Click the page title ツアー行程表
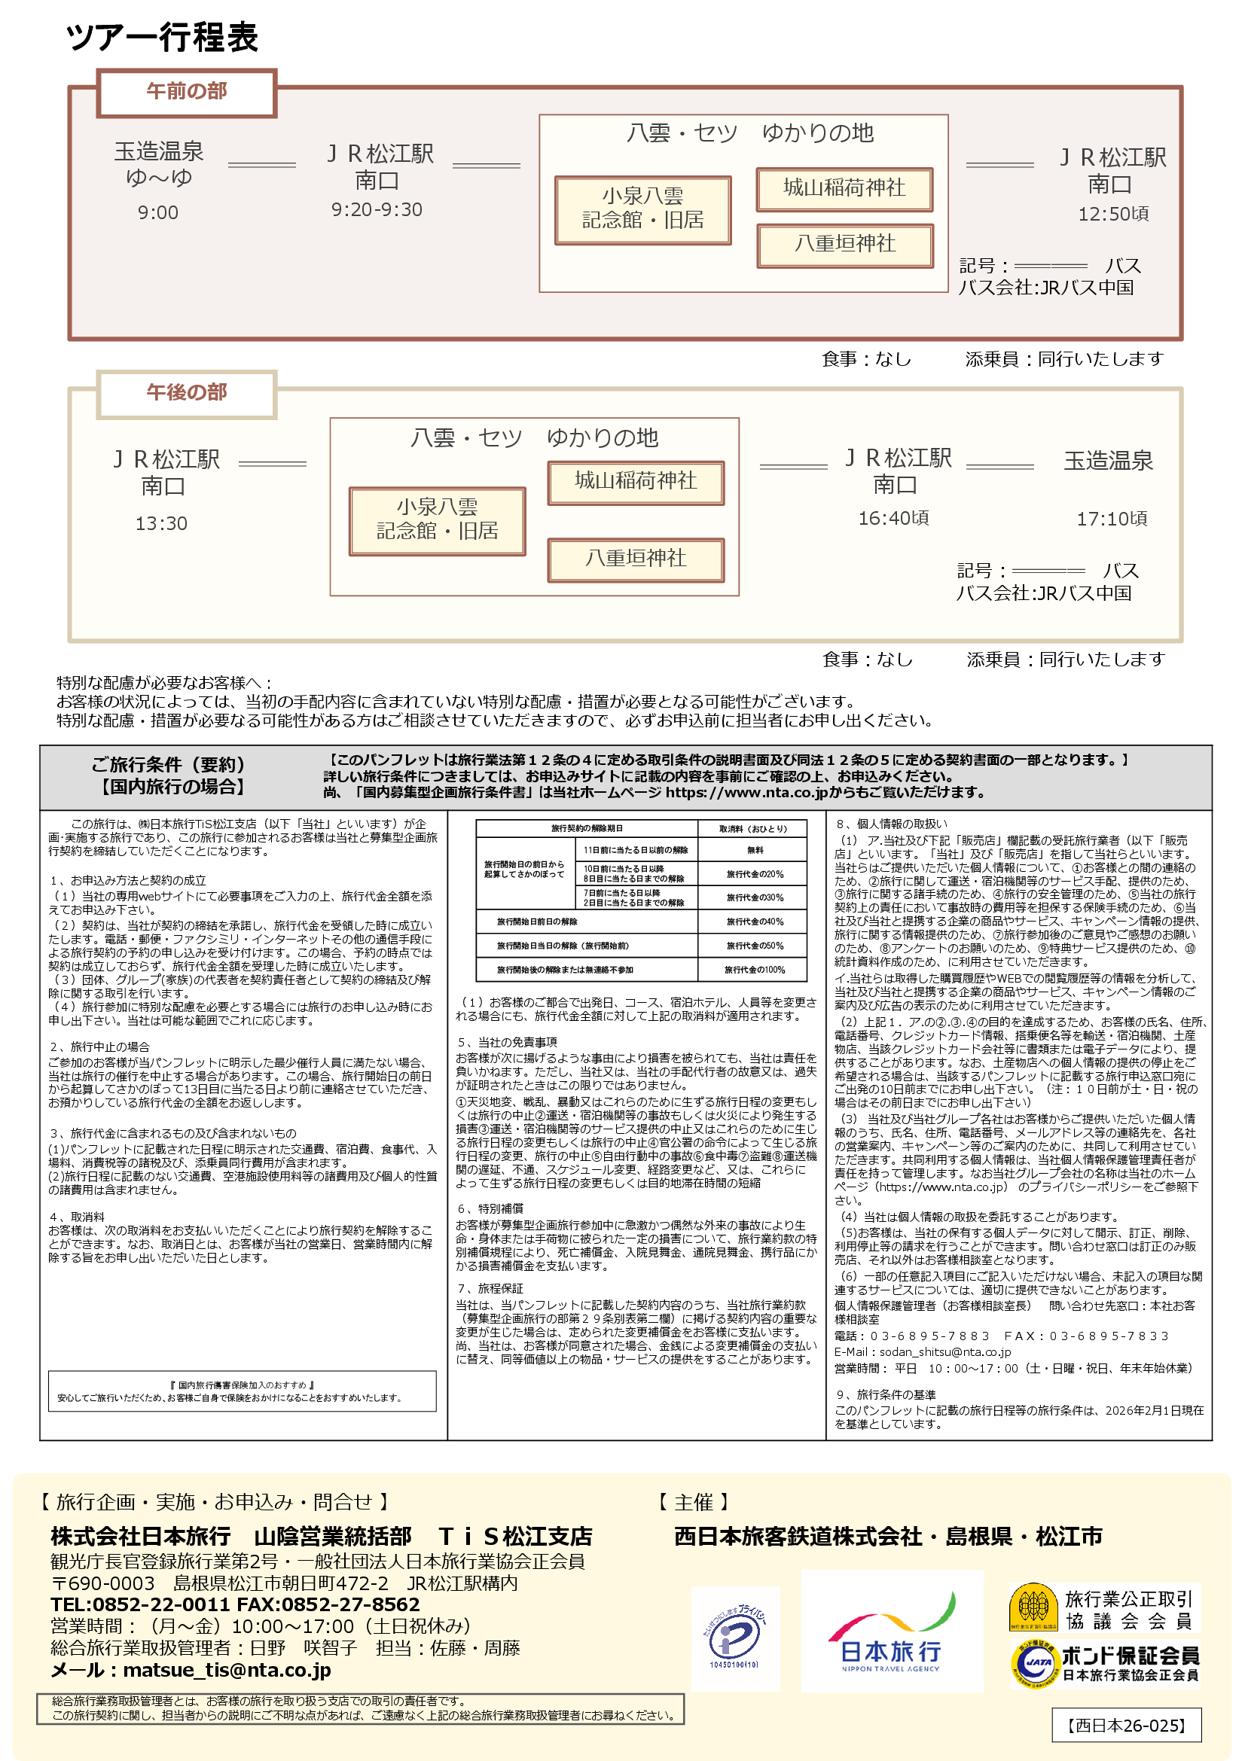pos(162,37)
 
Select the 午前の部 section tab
pos(186,92)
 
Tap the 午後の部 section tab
pos(186,394)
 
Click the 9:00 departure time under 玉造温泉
pos(158,212)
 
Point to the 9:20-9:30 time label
pos(377,209)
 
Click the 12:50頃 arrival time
pos(1112,214)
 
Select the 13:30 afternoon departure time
pos(161,524)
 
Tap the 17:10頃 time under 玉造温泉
pos(1112,519)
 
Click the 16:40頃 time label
pos(893,519)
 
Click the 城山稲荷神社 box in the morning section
pos(844,189)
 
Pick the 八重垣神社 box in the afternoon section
pos(635,559)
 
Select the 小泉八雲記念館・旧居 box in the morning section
pos(642,209)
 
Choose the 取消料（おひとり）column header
pos(752,828)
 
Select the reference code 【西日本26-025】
pos(1126,1726)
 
